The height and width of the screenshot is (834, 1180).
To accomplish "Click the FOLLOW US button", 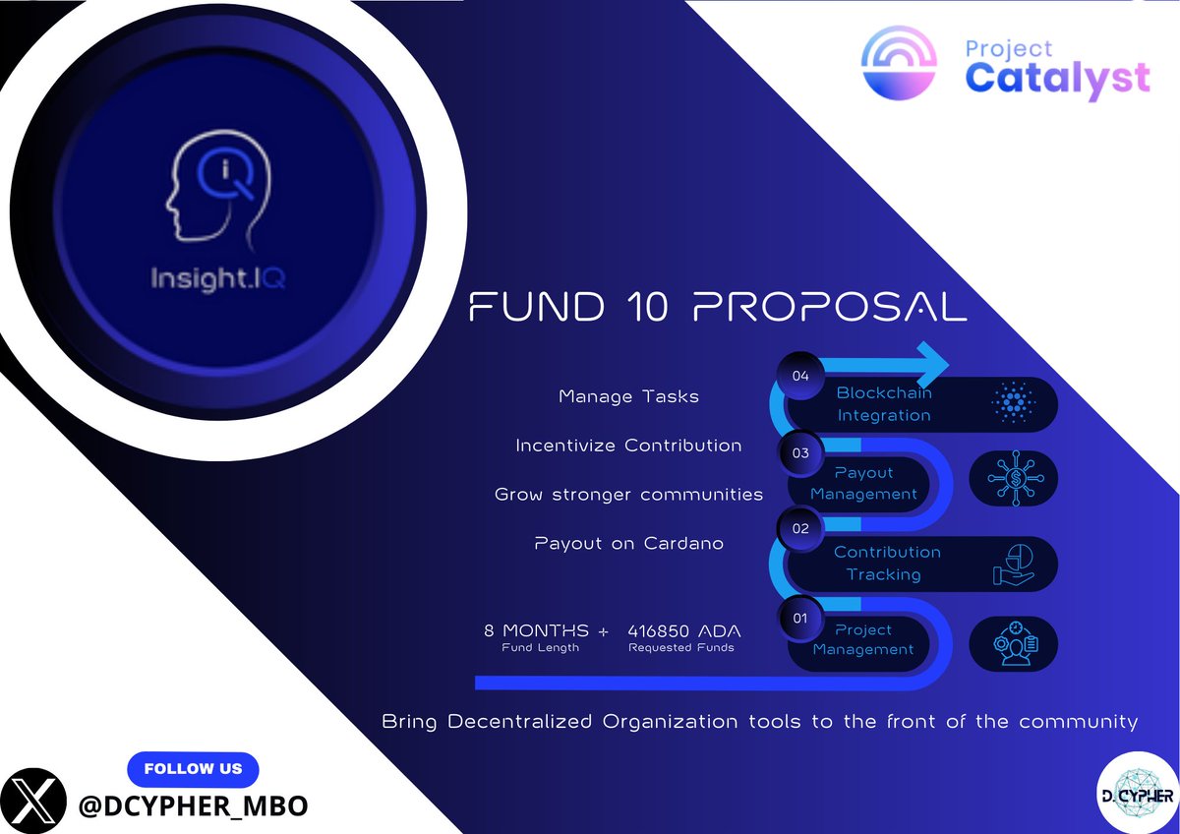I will [x=192, y=768].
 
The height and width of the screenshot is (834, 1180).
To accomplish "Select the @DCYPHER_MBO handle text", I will [x=193, y=805].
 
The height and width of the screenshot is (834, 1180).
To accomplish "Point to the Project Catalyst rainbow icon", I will [x=894, y=62].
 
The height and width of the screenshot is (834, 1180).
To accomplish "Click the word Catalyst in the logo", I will [x=1057, y=78].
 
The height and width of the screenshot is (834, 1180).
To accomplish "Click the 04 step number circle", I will [x=799, y=375].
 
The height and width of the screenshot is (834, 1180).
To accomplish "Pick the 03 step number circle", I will [x=799, y=453].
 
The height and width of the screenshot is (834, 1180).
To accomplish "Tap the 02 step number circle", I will [x=799, y=528].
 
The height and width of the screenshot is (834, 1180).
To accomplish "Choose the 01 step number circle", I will [x=799, y=618].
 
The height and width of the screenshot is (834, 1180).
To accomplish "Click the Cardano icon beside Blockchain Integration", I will [x=1012, y=403].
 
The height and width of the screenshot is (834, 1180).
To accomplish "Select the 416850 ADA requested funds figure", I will [x=684, y=630].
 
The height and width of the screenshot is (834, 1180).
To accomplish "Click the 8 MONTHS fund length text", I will [x=537, y=630].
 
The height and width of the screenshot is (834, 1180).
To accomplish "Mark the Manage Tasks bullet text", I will [x=628, y=397].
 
